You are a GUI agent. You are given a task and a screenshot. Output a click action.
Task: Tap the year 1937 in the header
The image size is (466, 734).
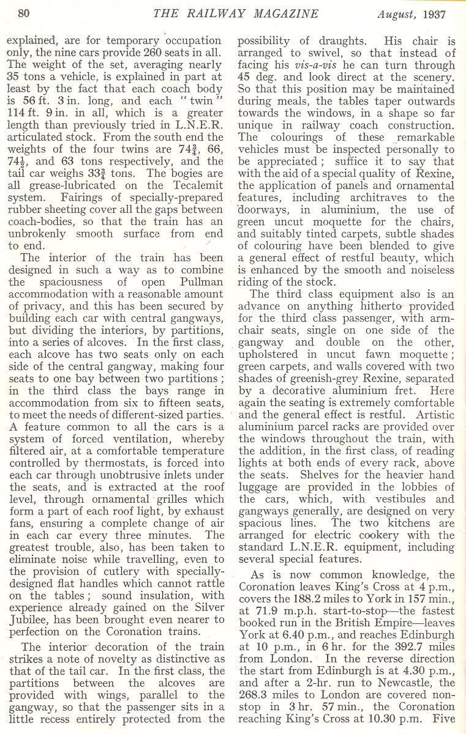(x=434, y=13)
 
